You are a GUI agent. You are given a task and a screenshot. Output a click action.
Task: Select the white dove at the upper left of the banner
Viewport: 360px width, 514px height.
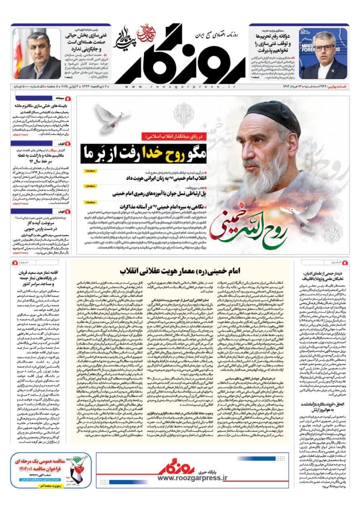click(x=108, y=118)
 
